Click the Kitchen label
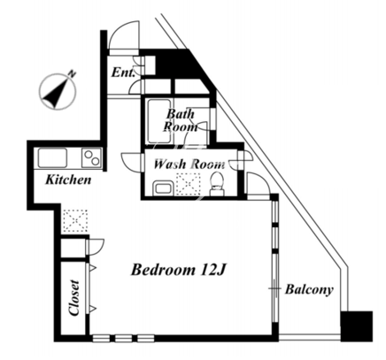[68, 180]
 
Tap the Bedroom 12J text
[179, 270]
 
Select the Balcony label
[309, 289]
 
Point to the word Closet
[74, 298]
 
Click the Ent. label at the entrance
[123, 73]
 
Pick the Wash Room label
[189, 164]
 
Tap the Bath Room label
[181, 120]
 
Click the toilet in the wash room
[217, 184]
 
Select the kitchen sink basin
[52, 158]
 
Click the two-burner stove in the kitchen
[92, 157]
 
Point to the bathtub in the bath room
[159, 121]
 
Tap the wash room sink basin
[164, 188]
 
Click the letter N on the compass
[72, 73]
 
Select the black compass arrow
[56, 92]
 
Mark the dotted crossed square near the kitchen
[75, 220]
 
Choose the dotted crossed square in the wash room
[189, 184]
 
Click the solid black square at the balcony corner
[357, 326]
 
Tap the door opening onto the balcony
[259, 186]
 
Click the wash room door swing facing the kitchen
[131, 161]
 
